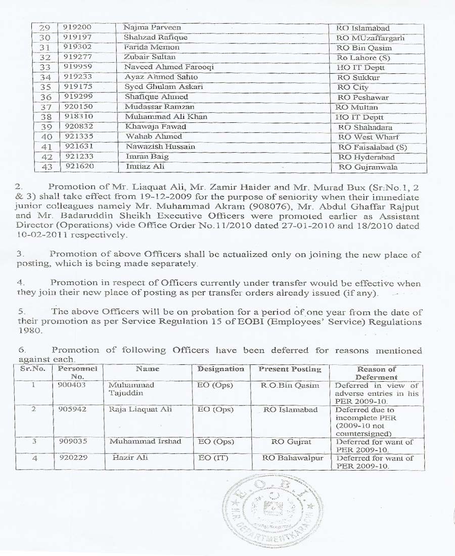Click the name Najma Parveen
[x=152, y=27]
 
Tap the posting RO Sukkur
[x=358, y=77]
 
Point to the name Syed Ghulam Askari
[x=164, y=87]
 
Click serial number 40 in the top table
[x=47, y=137]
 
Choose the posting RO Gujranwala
[x=368, y=167]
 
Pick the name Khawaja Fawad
[x=156, y=127]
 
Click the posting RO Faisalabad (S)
[x=373, y=147]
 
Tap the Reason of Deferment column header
[x=377, y=373]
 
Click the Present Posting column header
[x=290, y=369]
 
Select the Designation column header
[x=220, y=369]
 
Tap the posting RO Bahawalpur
[x=293, y=458]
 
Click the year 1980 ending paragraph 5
[x=26, y=331]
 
